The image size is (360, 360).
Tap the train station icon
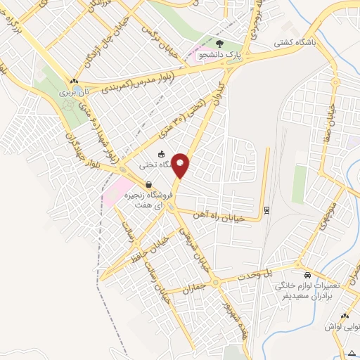click(266, 209)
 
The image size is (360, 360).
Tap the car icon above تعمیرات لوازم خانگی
click(307, 274)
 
